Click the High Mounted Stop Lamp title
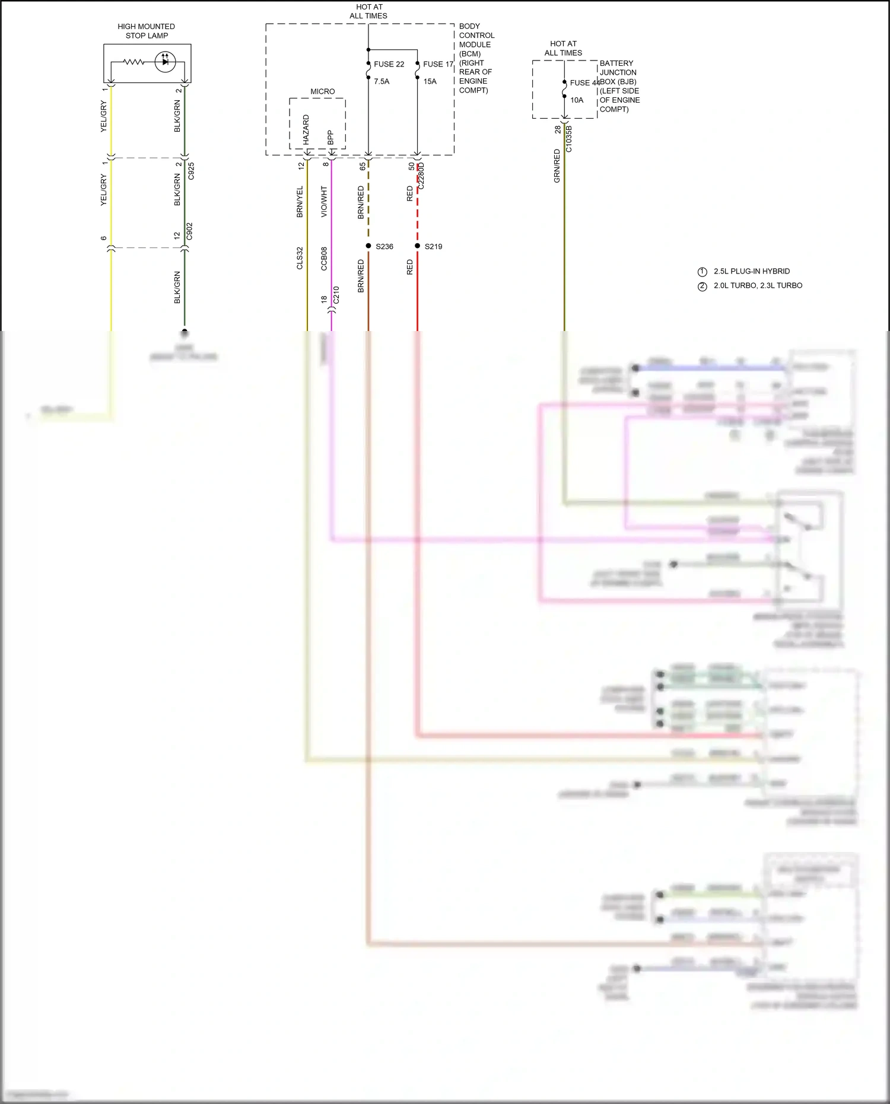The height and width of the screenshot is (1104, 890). (x=146, y=31)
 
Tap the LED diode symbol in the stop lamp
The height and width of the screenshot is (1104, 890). (x=165, y=62)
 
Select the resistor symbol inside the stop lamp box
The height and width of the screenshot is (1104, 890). (x=133, y=62)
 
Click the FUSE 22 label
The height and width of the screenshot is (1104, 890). (x=389, y=64)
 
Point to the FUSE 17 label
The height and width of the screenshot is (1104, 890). (x=438, y=64)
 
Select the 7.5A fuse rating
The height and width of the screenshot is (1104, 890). (x=382, y=81)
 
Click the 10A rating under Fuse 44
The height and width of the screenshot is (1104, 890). (x=577, y=100)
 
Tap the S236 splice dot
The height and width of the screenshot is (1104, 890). (x=368, y=246)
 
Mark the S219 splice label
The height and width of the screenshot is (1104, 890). (x=433, y=246)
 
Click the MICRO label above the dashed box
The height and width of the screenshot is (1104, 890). (x=322, y=91)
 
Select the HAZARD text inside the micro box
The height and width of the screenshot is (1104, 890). (x=306, y=129)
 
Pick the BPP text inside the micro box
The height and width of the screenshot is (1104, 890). (x=330, y=137)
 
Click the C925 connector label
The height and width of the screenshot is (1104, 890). (x=191, y=171)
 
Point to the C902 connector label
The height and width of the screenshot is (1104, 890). (x=190, y=231)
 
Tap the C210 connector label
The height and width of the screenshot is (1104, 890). (x=336, y=295)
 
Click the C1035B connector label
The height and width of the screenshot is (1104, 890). (x=569, y=139)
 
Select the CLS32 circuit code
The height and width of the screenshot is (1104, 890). (x=300, y=258)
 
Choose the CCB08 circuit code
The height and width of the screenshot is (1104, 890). (x=324, y=259)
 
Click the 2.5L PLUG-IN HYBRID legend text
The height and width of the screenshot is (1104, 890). (x=751, y=271)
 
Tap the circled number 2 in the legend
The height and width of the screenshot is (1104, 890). (x=703, y=286)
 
